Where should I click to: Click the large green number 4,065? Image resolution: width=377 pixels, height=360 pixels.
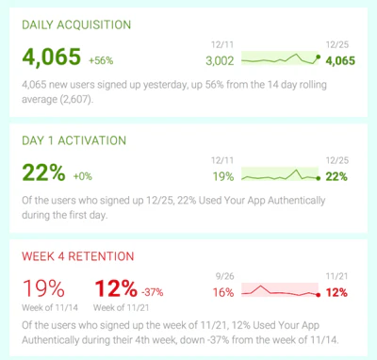click(51, 58)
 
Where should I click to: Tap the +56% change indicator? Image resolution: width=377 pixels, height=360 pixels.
click(101, 60)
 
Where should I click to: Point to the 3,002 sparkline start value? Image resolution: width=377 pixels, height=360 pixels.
click(219, 60)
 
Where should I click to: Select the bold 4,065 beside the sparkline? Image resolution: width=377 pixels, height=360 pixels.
click(340, 60)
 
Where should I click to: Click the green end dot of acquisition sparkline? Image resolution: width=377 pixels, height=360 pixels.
click(319, 57)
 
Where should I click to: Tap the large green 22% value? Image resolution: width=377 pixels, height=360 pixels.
click(42, 174)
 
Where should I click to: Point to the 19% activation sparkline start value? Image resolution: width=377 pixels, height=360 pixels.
click(223, 176)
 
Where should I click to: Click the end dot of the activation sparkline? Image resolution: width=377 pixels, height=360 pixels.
click(319, 176)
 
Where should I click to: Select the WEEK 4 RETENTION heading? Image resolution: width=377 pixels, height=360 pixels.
click(78, 255)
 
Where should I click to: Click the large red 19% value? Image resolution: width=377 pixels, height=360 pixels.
click(43, 287)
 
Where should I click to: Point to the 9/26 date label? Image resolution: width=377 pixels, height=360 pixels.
click(223, 277)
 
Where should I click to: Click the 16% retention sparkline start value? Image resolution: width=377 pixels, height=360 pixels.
click(223, 292)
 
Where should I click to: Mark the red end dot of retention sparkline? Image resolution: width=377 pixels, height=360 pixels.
click(319, 292)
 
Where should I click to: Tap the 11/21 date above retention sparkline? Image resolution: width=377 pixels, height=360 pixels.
click(337, 277)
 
